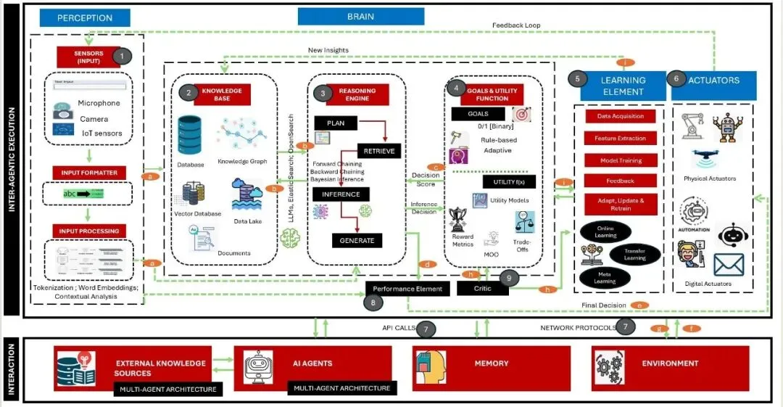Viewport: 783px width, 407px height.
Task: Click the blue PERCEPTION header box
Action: (x=85, y=17)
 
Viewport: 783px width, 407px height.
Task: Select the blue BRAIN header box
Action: (x=360, y=16)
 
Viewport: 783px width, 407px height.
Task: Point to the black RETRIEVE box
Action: (x=378, y=151)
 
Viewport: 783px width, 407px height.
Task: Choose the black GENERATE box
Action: (x=356, y=239)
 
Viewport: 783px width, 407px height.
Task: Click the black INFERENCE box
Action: (x=341, y=194)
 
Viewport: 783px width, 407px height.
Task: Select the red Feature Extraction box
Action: (x=620, y=138)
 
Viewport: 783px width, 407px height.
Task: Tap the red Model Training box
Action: (x=620, y=160)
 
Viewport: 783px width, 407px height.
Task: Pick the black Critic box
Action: (x=482, y=288)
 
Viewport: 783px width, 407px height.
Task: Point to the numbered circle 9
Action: (x=509, y=276)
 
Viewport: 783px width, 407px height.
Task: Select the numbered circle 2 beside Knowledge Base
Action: (x=188, y=92)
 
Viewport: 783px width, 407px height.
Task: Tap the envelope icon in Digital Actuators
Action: (x=729, y=265)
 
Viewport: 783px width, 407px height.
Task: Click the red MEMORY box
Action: (x=492, y=363)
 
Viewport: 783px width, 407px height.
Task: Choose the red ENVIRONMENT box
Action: (x=669, y=363)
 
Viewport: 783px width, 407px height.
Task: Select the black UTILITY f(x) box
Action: (x=509, y=181)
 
